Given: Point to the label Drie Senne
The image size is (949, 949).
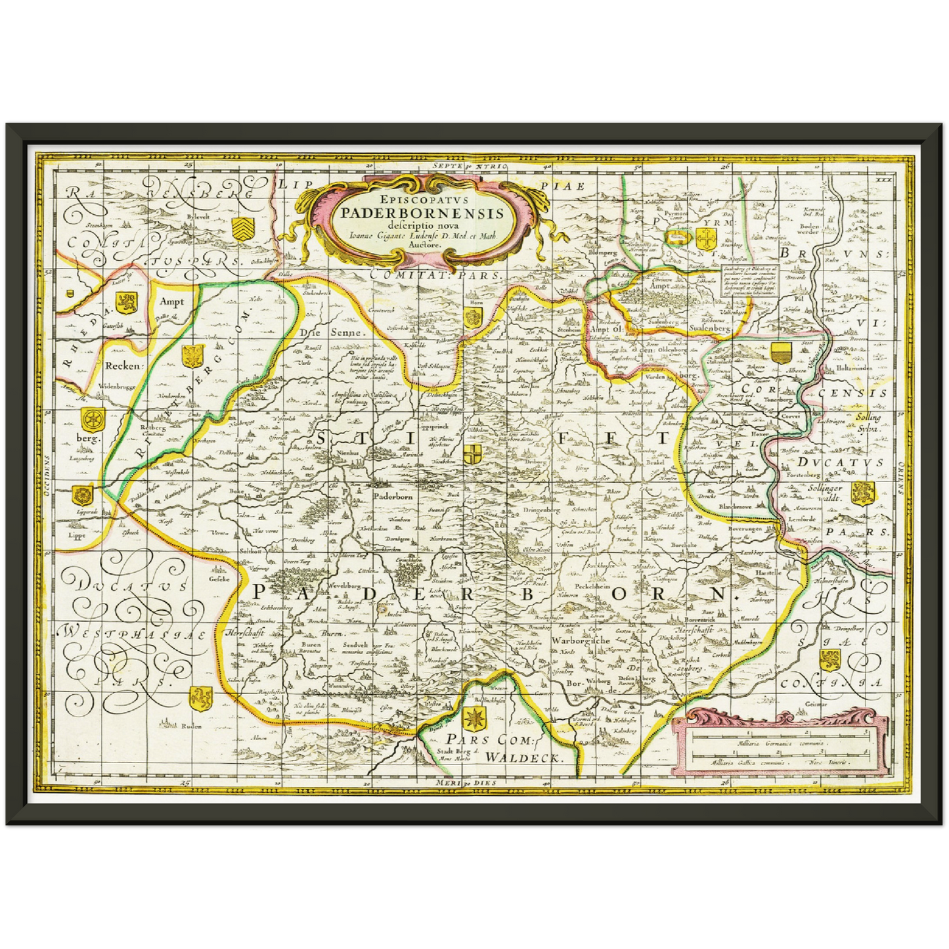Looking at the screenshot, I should [x=318, y=332].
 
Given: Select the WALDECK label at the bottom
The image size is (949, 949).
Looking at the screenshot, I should [x=523, y=757].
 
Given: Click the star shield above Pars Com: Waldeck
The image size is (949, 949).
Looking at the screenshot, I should [x=474, y=718].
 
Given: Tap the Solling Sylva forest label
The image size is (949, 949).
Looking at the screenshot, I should [x=868, y=422].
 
